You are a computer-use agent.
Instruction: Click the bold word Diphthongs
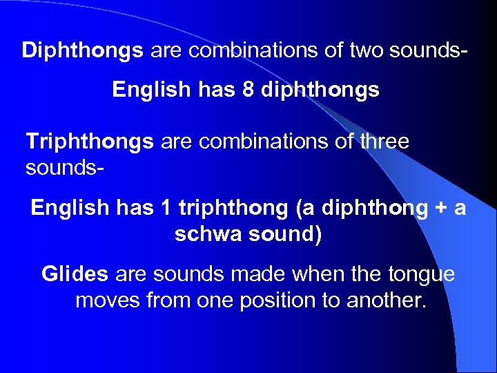[83, 50]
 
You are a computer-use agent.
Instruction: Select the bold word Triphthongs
[90, 142]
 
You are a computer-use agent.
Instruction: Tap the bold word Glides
[75, 274]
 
